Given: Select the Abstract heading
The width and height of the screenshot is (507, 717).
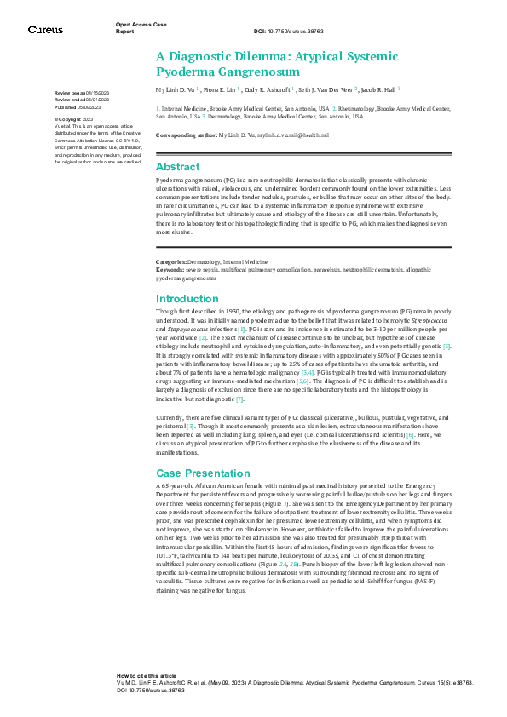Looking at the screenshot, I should (x=177, y=167).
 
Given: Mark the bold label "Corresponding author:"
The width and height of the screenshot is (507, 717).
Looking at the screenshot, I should (x=186, y=136).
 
